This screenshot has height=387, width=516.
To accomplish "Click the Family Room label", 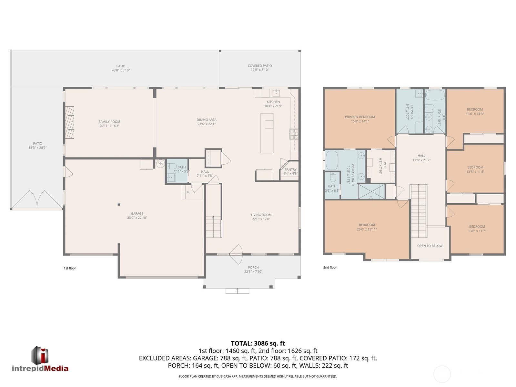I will tap(109, 122).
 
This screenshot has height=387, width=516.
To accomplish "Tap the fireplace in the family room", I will tap(69, 123).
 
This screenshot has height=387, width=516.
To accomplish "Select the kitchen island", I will tap(267, 133).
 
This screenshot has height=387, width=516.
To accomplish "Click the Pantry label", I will tap(290, 169).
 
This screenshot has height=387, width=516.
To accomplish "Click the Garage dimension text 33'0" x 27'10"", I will tap(137, 218).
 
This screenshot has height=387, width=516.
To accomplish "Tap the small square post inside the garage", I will tap(119, 205).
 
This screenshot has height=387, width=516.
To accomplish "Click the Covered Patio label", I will tap(260, 66).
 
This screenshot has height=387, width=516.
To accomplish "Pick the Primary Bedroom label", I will tap(360, 117).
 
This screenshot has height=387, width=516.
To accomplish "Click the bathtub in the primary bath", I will tap(332, 160).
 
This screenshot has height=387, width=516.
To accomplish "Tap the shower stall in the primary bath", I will tap(371, 191).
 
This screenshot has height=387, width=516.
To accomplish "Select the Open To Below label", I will tap(430, 246).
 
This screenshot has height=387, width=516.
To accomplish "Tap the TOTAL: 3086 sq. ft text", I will tap(258, 343).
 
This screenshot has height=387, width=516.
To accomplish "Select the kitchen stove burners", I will tap(294, 134).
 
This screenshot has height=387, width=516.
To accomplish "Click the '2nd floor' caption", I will tap(330, 268).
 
